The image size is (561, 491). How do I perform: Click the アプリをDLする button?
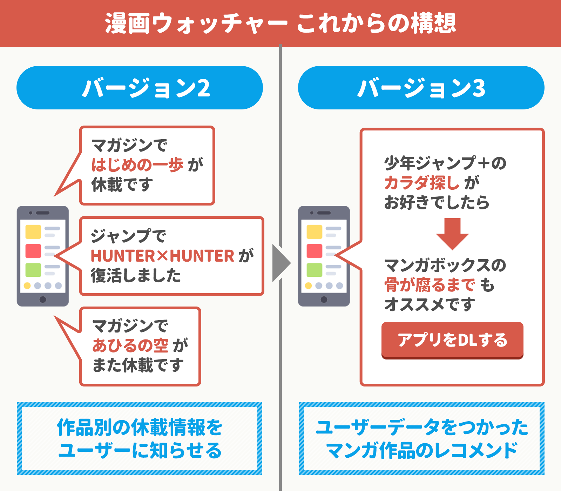point(452,340)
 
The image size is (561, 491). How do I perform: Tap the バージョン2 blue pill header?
point(140,88)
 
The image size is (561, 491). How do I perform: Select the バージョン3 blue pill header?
point(421,88)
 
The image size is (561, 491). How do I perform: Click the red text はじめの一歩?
point(137,164)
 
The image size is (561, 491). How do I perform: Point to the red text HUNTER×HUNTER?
point(162,255)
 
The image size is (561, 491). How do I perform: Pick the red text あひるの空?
point(130,345)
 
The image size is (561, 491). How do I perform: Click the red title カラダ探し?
point(422,183)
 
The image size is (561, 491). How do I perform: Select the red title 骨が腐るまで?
point(430,284)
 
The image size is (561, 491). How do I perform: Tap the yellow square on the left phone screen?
point(33,232)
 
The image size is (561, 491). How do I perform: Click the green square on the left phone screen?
point(33,270)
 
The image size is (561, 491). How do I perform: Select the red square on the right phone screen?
point(315,251)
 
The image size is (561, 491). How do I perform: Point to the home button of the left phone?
point(43,299)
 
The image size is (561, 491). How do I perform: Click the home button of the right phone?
point(324,299)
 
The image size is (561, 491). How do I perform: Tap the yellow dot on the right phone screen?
point(309,285)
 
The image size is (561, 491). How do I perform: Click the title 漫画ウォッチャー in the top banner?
point(196,23)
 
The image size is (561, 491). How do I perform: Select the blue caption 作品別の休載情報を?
point(140,427)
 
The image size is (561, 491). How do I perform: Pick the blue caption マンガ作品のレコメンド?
point(422,450)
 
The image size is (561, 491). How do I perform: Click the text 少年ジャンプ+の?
point(445,163)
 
